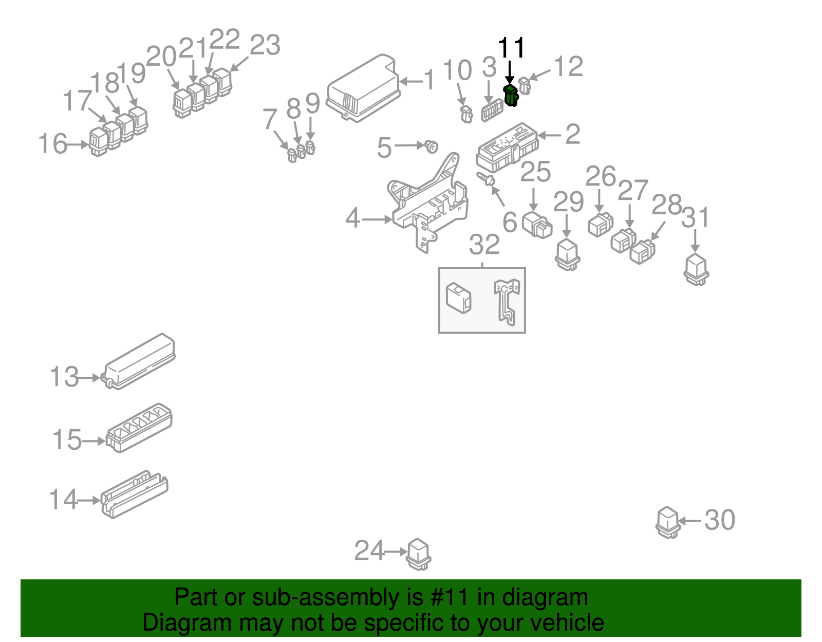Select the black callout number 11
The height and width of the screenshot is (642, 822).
(x=511, y=48)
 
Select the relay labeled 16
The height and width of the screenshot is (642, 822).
(x=98, y=142)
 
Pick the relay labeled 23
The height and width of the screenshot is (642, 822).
(x=223, y=82)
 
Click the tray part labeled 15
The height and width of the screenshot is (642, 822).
(x=139, y=428)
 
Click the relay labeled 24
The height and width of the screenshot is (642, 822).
(x=419, y=554)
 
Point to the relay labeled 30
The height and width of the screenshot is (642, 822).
(x=668, y=522)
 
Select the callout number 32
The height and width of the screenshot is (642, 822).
(x=484, y=245)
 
